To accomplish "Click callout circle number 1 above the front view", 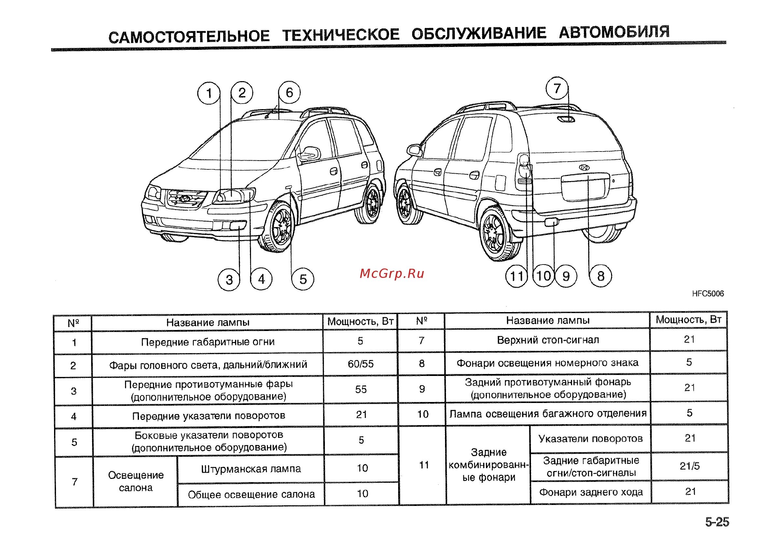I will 209,93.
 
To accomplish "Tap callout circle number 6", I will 289,93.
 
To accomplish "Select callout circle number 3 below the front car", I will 229,280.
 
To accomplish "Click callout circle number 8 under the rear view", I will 601,276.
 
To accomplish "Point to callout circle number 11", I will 516,276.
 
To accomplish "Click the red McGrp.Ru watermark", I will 392,274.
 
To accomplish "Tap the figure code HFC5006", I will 708,294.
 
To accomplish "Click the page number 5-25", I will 717,522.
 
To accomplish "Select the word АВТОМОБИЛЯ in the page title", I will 614,32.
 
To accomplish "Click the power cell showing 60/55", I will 360,364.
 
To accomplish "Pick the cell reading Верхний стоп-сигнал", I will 548,340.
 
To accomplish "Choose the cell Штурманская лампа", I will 251,469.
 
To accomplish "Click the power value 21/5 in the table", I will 689,466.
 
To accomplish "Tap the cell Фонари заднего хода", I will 591,492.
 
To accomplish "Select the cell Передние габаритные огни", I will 208,342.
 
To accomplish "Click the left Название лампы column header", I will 208,322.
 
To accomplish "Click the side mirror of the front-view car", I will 310,153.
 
